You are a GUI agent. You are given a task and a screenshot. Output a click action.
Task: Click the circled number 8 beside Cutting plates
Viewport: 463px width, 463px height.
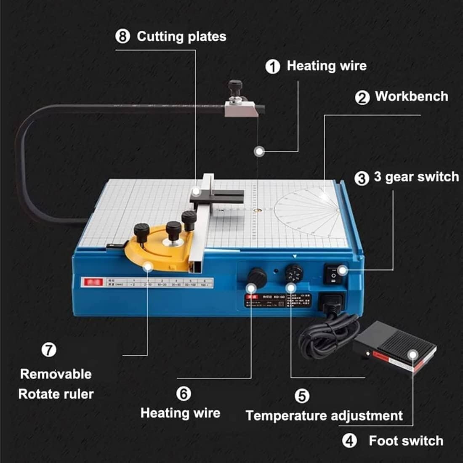coord(122,36)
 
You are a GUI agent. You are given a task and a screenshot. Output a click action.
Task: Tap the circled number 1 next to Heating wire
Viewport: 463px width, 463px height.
coord(273,66)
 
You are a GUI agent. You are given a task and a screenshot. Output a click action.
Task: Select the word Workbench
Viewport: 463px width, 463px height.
coord(411,96)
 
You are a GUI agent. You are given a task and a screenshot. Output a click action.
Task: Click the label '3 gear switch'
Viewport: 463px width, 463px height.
coord(416,177)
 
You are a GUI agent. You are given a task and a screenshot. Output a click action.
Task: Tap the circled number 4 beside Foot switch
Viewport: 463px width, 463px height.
coord(349,441)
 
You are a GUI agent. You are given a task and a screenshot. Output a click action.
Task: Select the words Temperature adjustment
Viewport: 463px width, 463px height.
coord(324,416)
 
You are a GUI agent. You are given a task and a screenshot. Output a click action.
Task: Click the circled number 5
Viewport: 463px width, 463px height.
coord(302,396)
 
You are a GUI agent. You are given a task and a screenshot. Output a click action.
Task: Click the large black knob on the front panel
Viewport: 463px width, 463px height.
coord(256,277)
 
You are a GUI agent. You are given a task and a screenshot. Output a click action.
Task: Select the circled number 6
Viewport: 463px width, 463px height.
coord(184,394)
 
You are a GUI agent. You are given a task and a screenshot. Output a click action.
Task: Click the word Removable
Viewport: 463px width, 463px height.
coord(56,374)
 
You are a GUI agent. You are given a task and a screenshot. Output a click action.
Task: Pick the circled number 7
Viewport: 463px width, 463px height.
coord(49,349)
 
